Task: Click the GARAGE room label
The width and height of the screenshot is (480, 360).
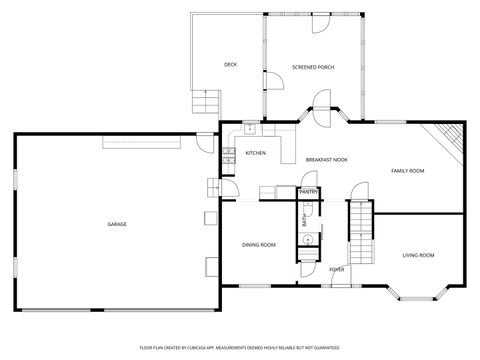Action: (x=117, y=224)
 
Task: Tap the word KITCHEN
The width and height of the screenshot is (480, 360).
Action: (x=255, y=153)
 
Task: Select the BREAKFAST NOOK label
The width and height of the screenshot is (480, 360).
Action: (x=327, y=159)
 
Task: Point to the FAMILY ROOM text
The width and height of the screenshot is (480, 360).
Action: (x=407, y=171)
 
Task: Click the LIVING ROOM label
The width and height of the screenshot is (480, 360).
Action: (x=418, y=255)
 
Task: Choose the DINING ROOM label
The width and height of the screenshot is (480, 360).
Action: (x=259, y=244)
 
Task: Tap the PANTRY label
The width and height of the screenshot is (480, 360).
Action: (x=309, y=191)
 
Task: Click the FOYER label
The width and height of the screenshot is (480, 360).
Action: (x=337, y=269)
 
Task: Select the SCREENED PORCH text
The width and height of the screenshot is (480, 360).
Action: (x=313, y=67)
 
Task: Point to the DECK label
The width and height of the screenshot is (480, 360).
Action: (x=230, y=65)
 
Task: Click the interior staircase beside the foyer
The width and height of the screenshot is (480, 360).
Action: (x=359, y=230)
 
